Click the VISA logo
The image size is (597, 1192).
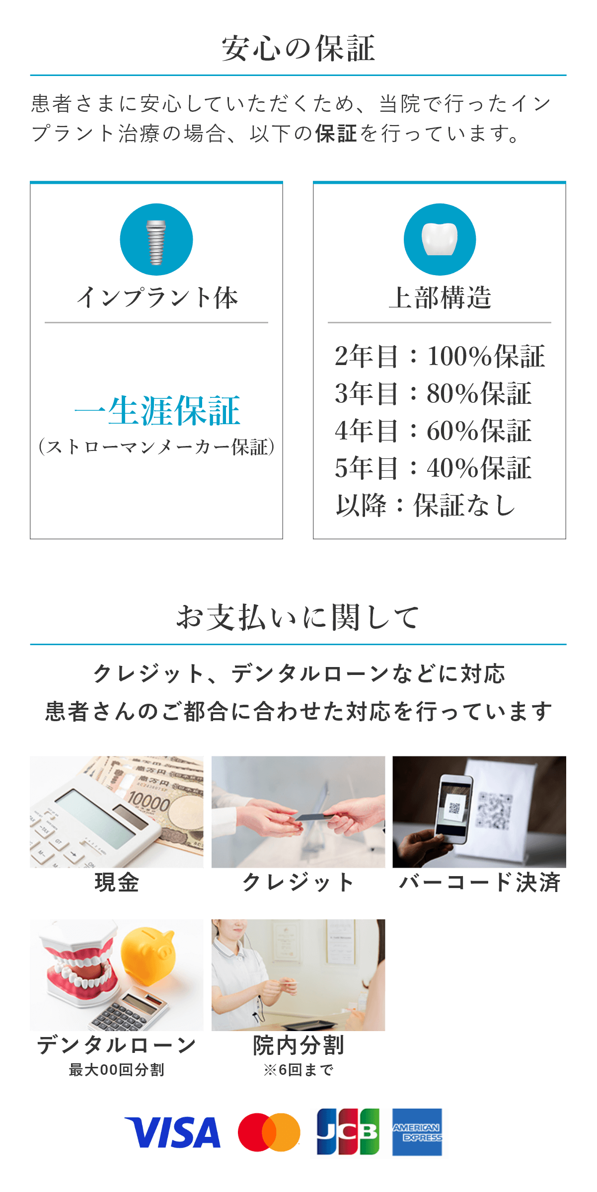[x=172, y=1133]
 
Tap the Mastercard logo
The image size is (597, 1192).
[x=269, y=1132]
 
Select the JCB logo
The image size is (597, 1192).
[x=348, y=1132]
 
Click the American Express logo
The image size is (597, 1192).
[x=417, y=1132]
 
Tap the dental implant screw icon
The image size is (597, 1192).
[x=156, y=242]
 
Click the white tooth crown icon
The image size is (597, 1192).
[x=440, y=238]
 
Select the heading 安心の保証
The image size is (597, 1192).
[x=298, y=49]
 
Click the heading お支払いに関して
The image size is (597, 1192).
[x=298, y=617]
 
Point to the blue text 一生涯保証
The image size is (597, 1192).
[x=157, y=411]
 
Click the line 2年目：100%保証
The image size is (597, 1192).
[x=440, y=356]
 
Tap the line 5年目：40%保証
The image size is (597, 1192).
[x=433, y=468]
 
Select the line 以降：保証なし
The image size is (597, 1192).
[x=426, y=505]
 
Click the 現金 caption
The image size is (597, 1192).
[x=117, y=883]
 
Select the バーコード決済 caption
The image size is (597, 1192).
[x=480, y=883]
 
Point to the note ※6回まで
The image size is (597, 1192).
[x=298, y=1070]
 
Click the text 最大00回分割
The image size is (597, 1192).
[x=117, y=1070]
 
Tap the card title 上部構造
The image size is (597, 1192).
[x=440, y=298]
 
